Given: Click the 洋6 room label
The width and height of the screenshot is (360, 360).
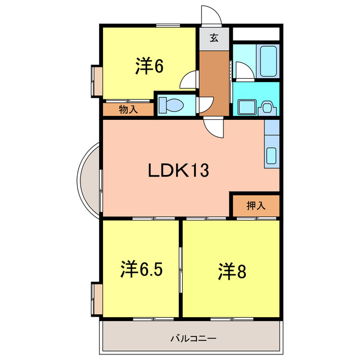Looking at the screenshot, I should point(149,66).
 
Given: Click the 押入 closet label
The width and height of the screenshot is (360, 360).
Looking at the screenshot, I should point(255,205).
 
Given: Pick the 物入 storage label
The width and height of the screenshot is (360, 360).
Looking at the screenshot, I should point(128,110).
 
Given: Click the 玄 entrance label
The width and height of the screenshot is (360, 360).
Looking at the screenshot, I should point(214,39).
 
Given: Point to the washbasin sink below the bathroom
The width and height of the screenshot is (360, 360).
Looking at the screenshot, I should point(246,106).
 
